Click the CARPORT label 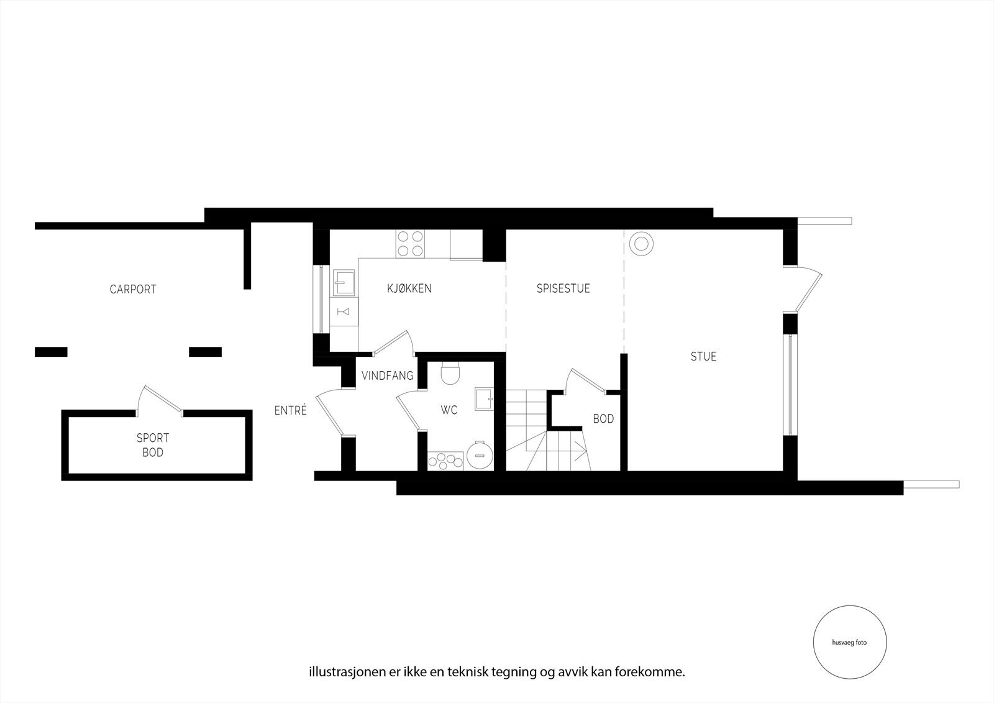click(x=133, y=289)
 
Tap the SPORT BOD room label click(x=153, y=445)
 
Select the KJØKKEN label click(x=409, y=288)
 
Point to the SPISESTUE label click(x=563, y=288)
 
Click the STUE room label click(x=703, y=357)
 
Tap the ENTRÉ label click(x=291, y=410)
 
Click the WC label click(x=449, y=410)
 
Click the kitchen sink click(x=344, y=283)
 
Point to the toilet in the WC click(x=449, y=374)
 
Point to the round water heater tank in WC click(x=479, y=455)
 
